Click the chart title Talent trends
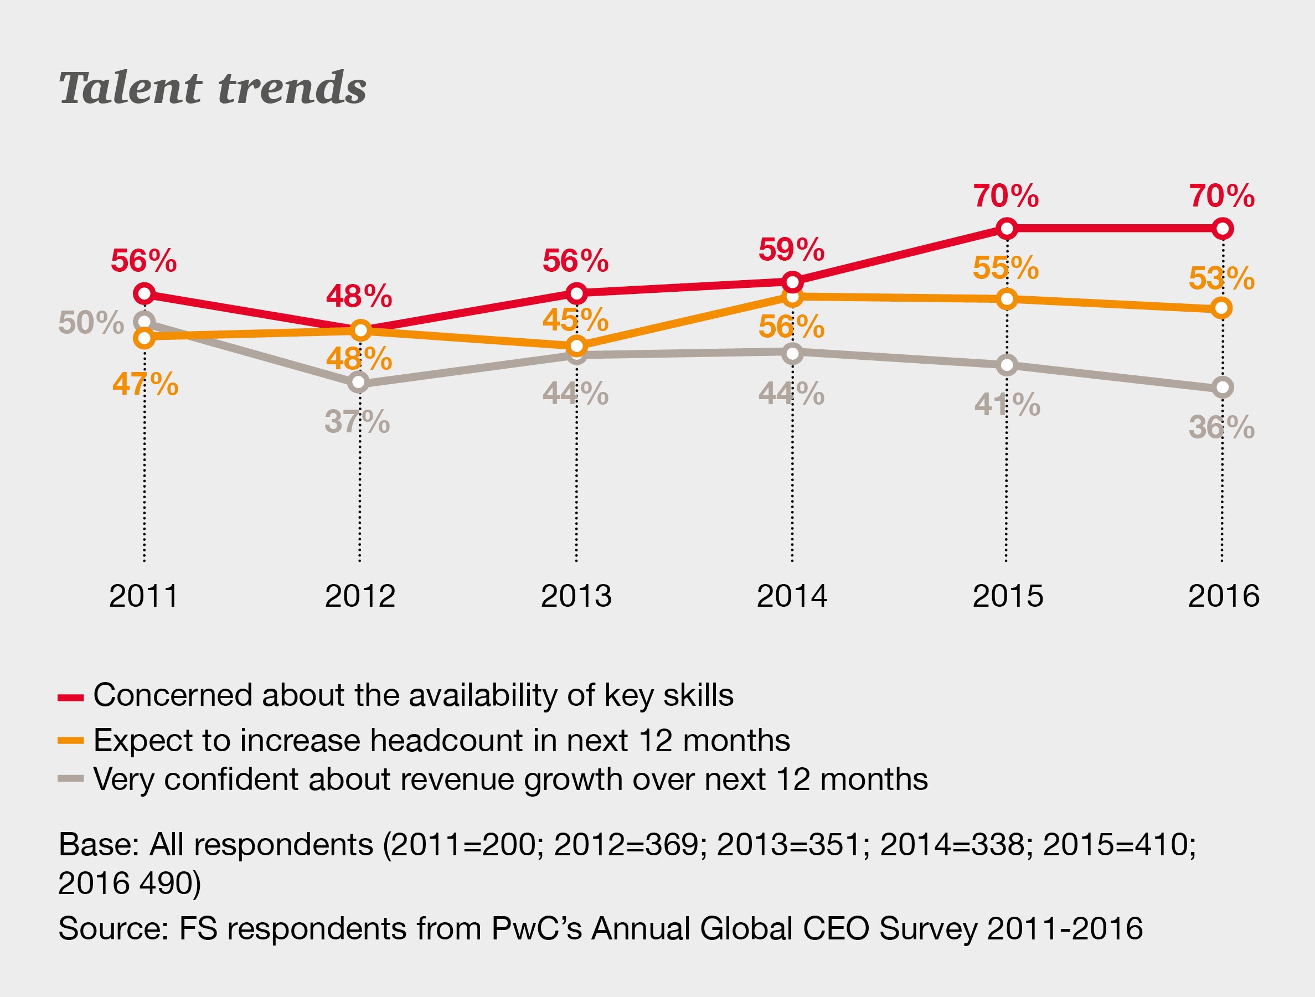(212, 88)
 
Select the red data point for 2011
(145, 293)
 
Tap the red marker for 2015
(1007, 228)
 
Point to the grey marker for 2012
(358, 383)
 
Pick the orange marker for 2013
(576, 345)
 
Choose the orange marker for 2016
(1221, 308)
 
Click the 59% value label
(791, 250)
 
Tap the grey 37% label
(357, 421)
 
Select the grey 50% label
(91, 323)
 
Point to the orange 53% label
(1221, 278)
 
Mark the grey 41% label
(1007, 405)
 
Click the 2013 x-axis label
(576, 596)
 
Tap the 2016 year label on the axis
(1224, 596)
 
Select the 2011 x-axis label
(144, 596)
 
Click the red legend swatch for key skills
(71, 698)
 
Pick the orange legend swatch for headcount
(71, 741)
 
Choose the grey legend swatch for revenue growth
(71, 779)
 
